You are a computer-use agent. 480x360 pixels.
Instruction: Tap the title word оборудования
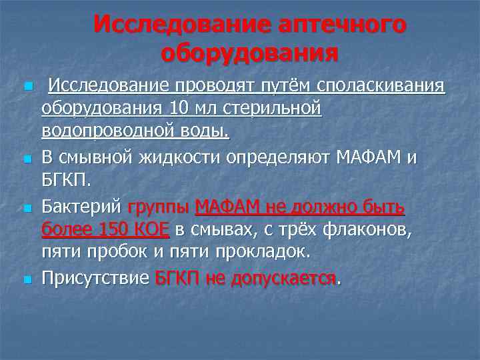click(x=249, y=53)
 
